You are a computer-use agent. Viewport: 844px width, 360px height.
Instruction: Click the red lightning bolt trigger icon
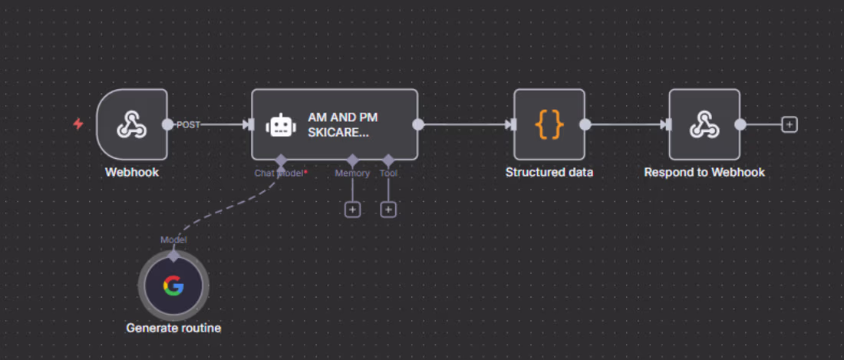(78, 124)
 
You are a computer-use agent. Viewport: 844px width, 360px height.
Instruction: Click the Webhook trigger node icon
(131, 124)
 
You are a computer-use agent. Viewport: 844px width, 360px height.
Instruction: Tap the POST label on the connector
(188, 124)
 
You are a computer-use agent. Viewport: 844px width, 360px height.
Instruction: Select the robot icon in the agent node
(280, 125)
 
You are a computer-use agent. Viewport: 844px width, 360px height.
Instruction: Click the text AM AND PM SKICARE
(342, 124)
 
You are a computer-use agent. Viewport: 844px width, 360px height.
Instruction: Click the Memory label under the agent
(352, 173)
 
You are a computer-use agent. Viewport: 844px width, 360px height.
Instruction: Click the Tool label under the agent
(388, 173)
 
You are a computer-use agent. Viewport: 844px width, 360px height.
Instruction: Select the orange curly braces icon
(549, 124)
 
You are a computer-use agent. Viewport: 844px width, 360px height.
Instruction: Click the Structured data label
(549, 173)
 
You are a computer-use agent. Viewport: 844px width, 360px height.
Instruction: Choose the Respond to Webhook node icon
(704, 124)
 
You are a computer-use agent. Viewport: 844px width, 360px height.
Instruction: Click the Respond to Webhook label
(704, 173)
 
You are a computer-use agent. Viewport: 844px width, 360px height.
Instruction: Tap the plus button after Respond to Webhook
(789, 124)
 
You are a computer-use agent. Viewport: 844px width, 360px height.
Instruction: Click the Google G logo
(173, 286)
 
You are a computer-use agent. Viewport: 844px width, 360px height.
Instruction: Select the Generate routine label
(173, 329)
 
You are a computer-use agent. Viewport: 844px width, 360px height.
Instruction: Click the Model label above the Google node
(173, 239)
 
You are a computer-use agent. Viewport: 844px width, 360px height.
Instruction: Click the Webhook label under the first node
(132, 173)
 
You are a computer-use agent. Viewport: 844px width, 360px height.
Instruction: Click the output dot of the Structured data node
(585, 124)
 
